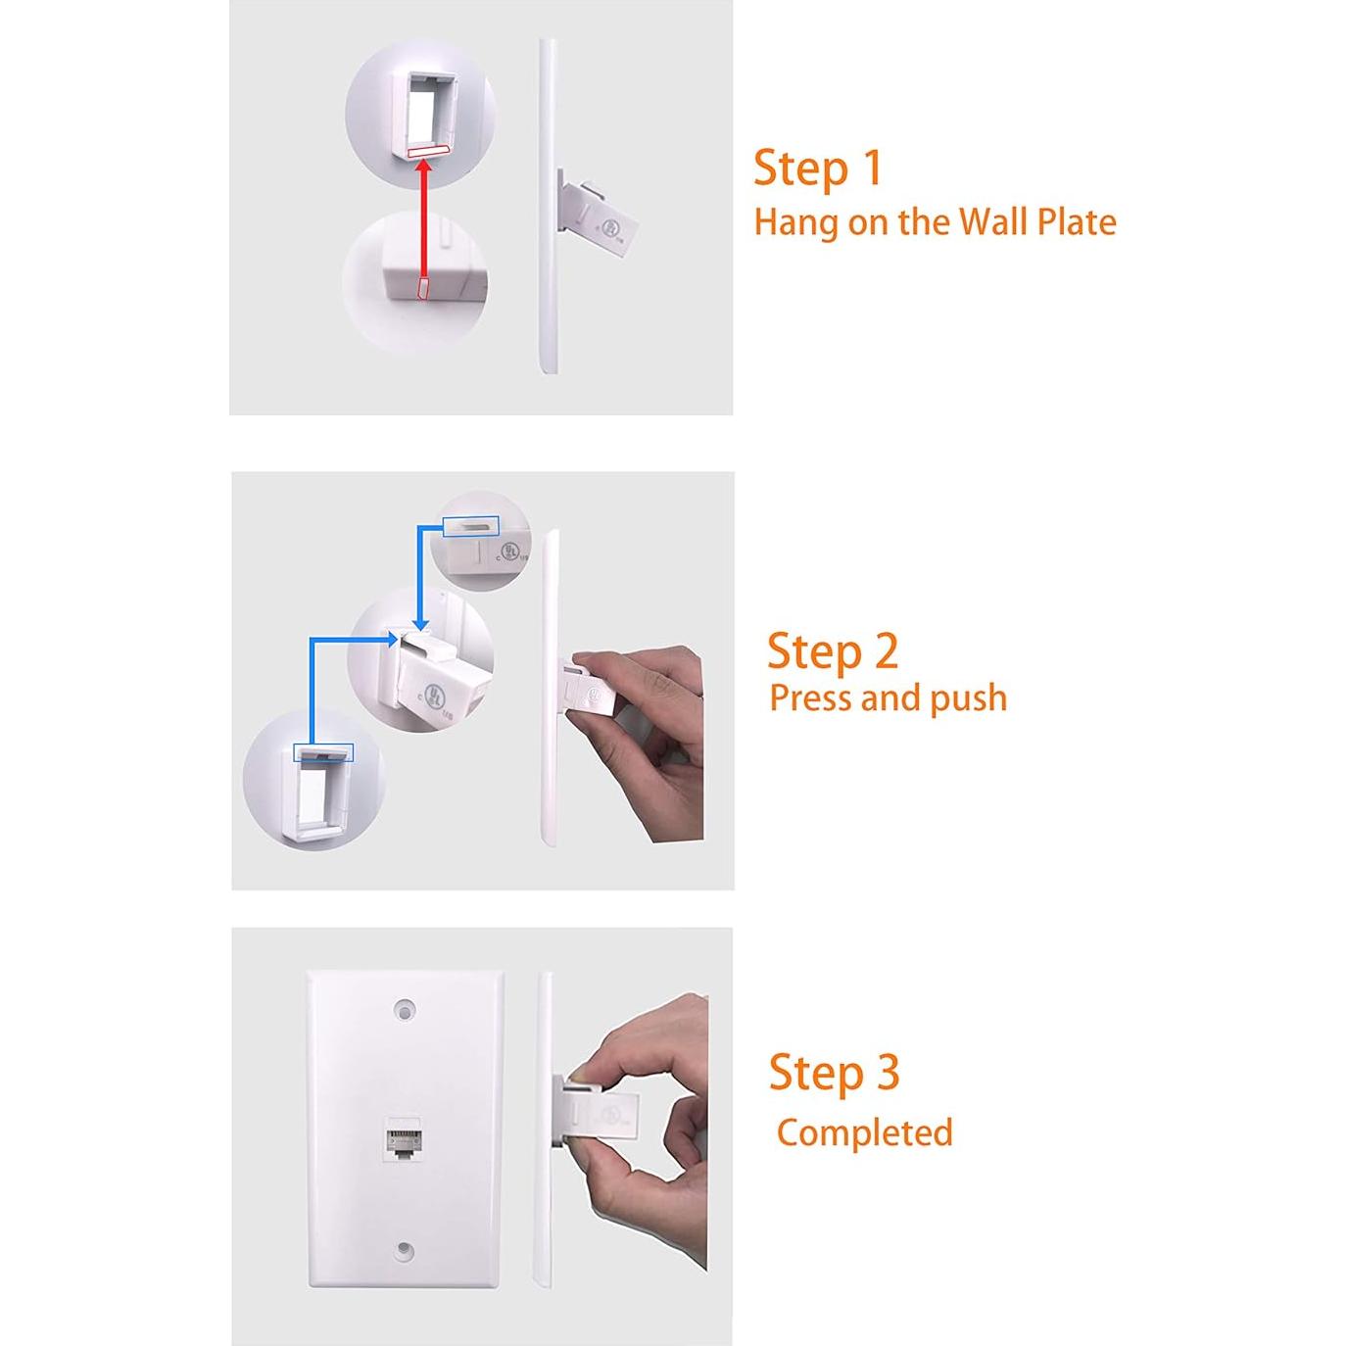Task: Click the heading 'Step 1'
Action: pyautogui.click(x=817, y=168)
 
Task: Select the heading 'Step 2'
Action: pyautogui.click(x=832, y=650)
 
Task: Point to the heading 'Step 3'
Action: pyautogui.click(x=834, y=1072)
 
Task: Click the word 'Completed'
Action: pyautogui.click(x=864, y=1132)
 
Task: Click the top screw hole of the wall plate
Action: pyautogui.click(x=404, y=1009)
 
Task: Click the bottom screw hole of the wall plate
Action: pyautogui.click(x=404, y=1251)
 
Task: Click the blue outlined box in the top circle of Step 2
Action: pyautogui.click(x=470, y=526)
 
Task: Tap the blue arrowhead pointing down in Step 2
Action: pyautogui.click(x=419, y=623)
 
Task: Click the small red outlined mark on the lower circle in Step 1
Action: pyautogui.click(x=423, y=287)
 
